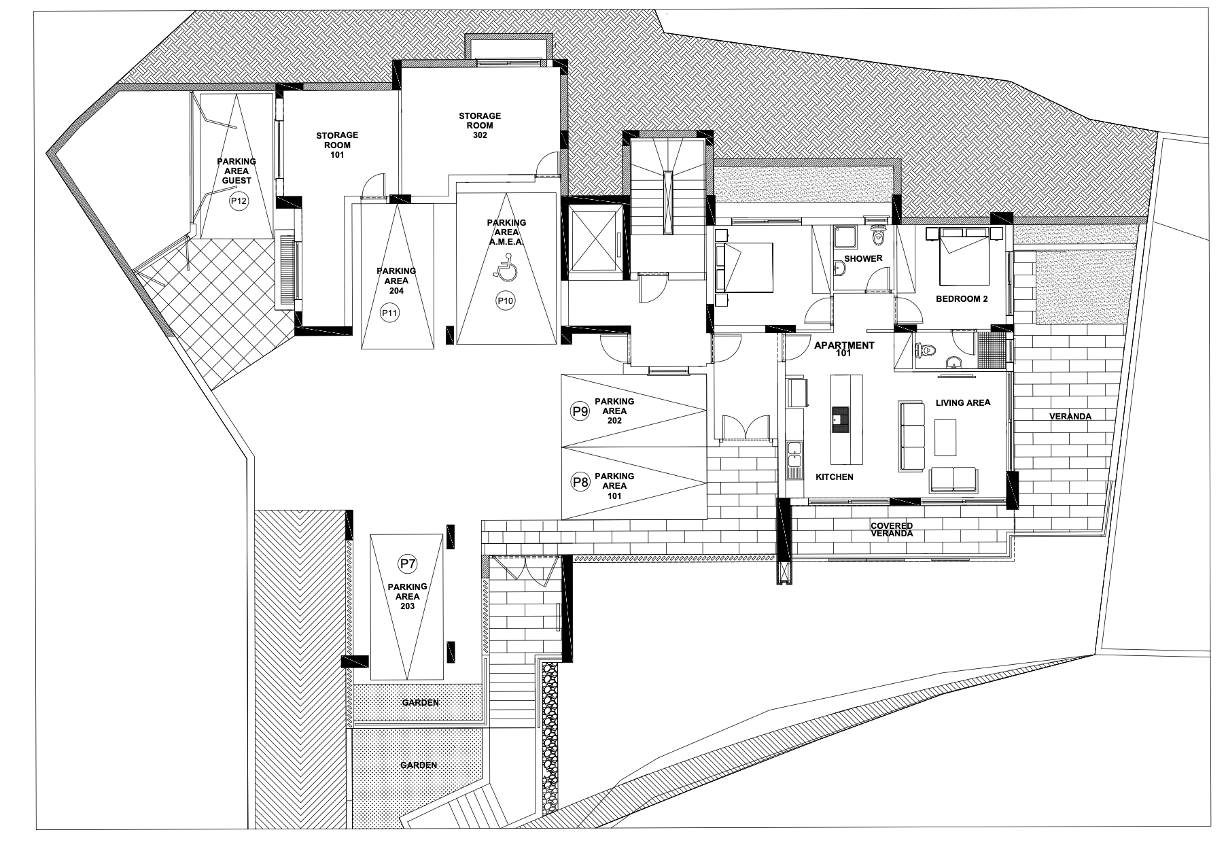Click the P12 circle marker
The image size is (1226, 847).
pos(238,201)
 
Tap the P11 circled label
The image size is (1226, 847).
pos(390,313)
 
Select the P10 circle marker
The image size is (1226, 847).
pos(505,300)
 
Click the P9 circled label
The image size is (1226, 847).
pos(580,411)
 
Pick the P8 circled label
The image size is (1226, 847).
pos(580,483)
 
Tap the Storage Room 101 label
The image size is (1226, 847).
pos(337,145)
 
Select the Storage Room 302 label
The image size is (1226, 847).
pos(480,126)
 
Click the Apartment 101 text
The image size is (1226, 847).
pos(844,349)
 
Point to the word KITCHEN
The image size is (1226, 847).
pos(835,477)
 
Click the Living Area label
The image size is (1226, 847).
pos(963,402)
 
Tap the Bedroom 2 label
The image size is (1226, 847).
pos(962,298)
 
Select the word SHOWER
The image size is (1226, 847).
pos(863,258)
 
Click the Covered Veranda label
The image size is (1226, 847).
pos(892,530)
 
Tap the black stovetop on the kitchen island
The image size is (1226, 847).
pos(841,419)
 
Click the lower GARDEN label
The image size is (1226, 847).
pos(418,765)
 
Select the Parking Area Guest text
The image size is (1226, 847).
pos(237,171)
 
